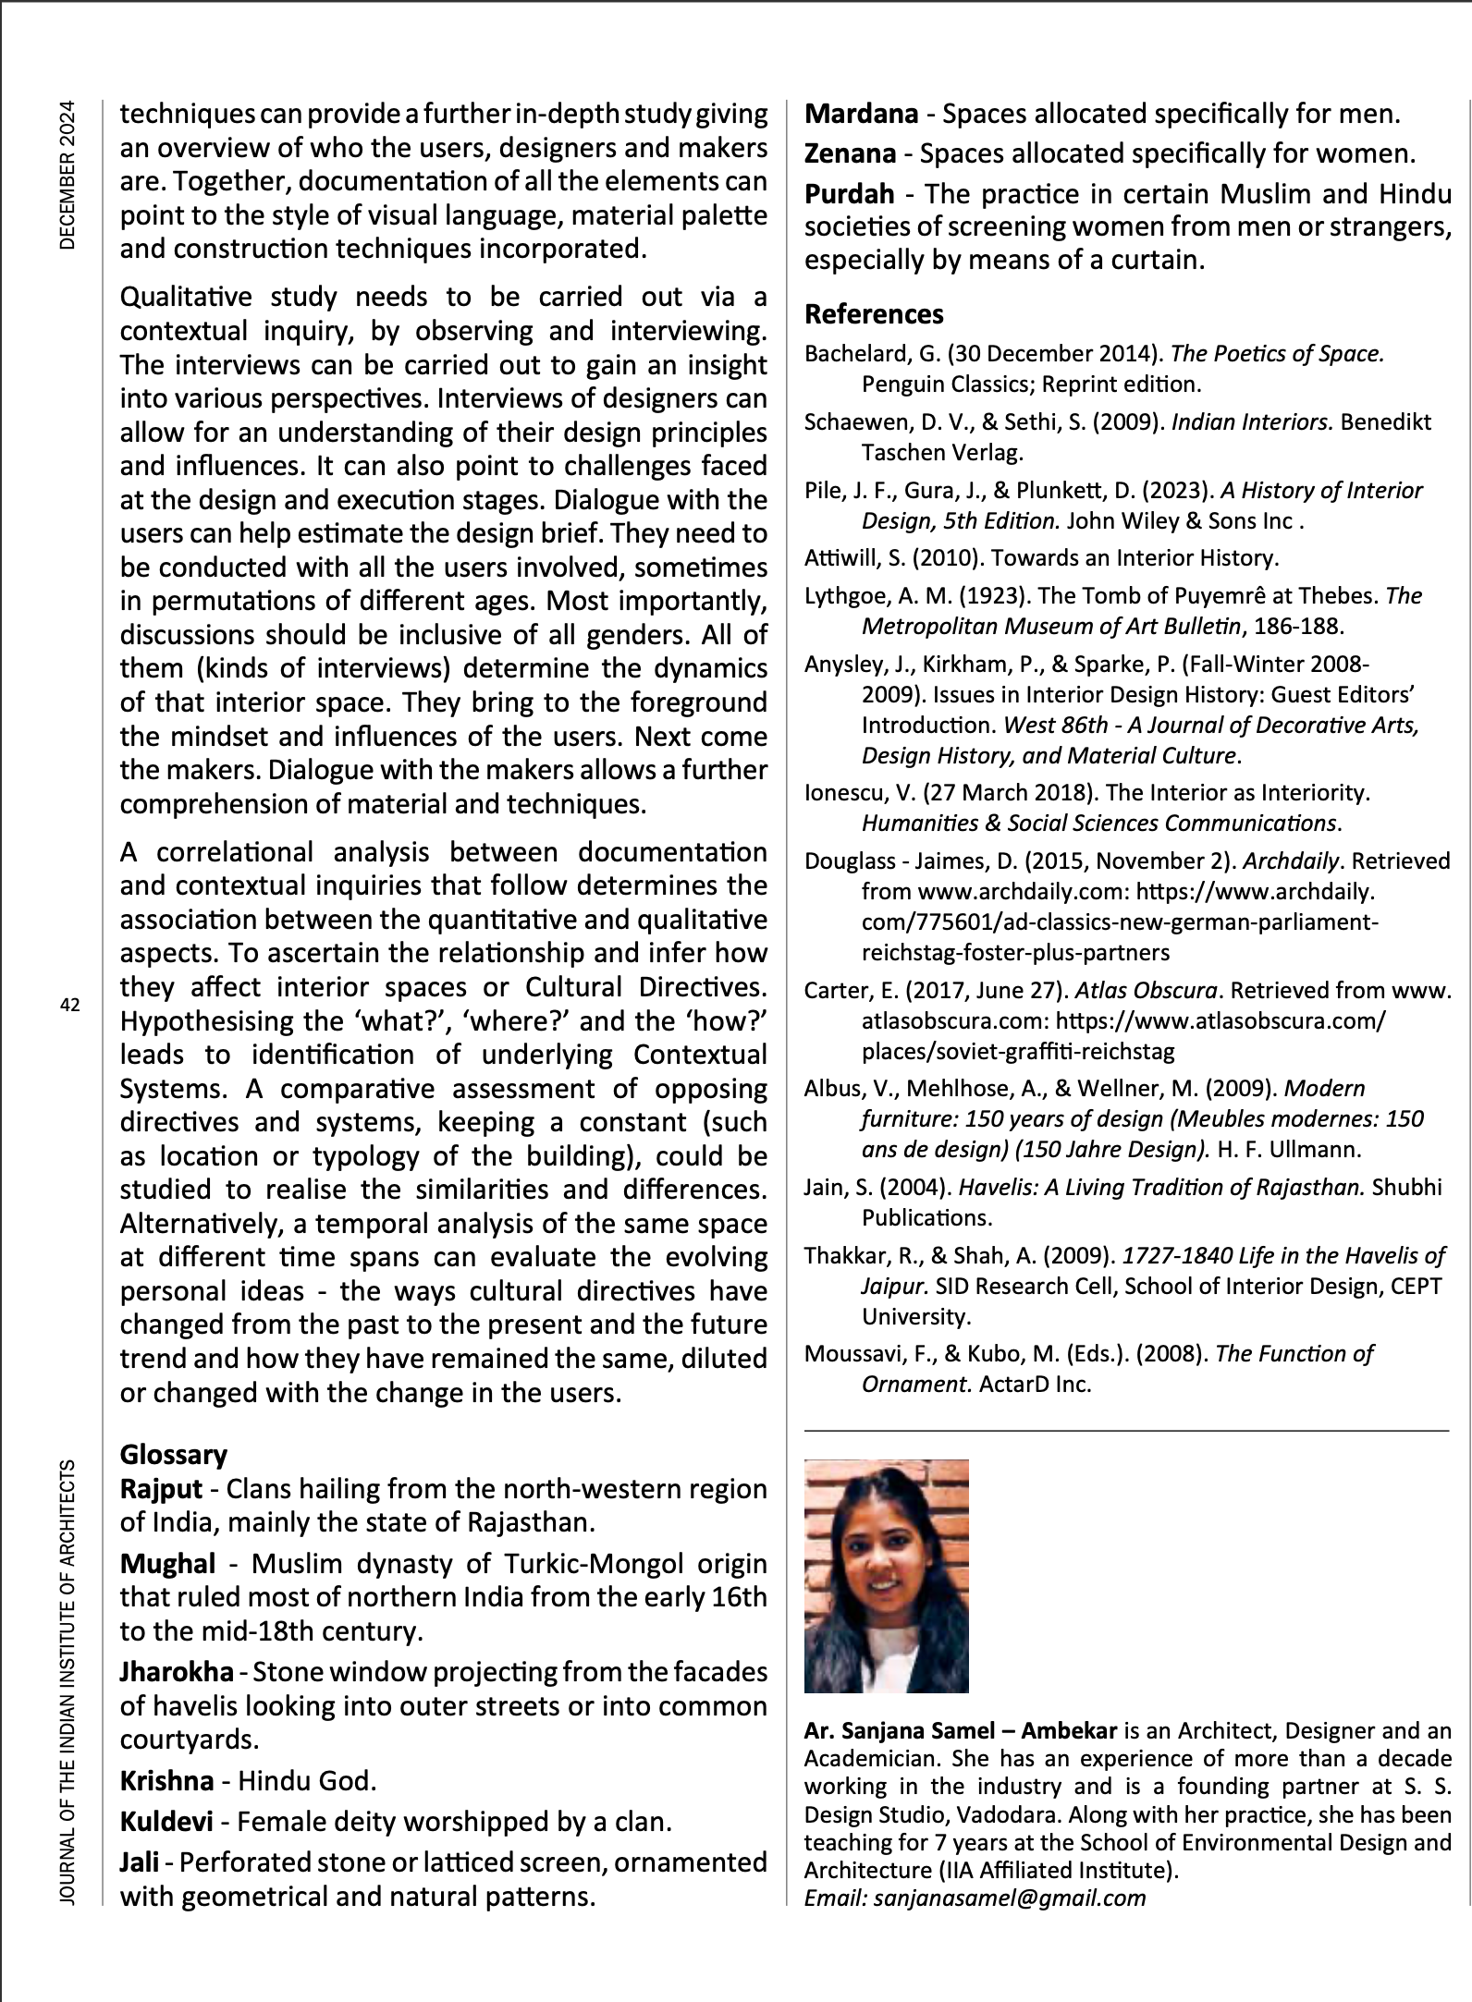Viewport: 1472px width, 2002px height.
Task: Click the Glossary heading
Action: [174, 1454]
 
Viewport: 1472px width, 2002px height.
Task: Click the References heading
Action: [874, 314]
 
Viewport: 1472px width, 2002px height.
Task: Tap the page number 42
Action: [70, 1005]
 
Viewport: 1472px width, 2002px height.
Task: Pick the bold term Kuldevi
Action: [166, 1821]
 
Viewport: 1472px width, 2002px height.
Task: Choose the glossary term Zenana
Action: [850, 153]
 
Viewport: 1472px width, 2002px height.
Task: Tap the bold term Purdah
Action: [849, 193]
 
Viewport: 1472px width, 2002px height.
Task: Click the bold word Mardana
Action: [861, 114]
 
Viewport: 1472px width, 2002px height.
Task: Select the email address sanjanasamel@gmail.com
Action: [1010, 1898]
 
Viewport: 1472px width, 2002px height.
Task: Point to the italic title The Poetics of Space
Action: [1277, 353]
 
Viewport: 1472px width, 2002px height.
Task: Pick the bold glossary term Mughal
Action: [167, 1563]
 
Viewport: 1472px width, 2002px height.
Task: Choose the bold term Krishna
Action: [167, 1780]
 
